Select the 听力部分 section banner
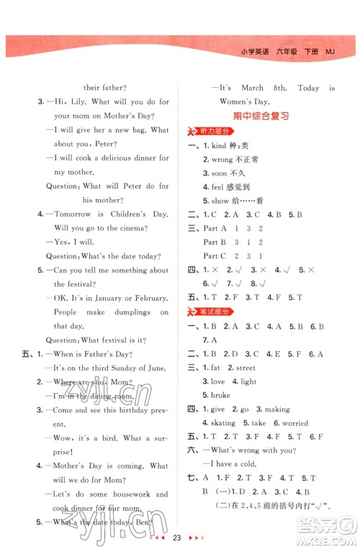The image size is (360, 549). (216, 130)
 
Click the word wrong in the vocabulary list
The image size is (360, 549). (222, 159)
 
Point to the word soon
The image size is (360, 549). (220, 173)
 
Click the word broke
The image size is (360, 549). (220, 395)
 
